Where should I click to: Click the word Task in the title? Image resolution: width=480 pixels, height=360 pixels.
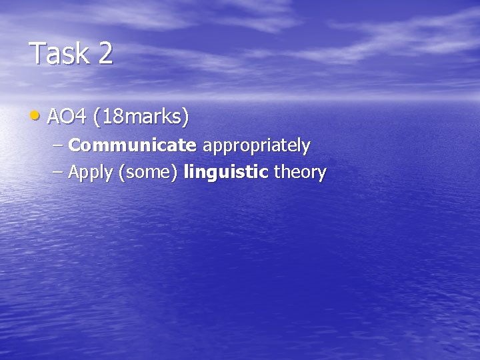pyautogui.click(x=60, y=53)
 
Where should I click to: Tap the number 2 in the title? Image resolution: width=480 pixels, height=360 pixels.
pyautogui.click(x=105, y=53)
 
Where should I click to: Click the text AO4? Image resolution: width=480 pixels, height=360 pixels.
pyautogui.click(x=67, y=117)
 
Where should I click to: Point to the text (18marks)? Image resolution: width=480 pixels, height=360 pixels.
pyautogui.click(x=141, y=118)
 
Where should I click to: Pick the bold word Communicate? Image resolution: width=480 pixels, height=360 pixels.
pyautogui.click(x=132, y=145)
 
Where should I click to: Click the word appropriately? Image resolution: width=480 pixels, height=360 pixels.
pyautogui.click(x=256, y=146)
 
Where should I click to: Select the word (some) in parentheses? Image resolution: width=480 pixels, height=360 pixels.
pyautogui.click(x=148, y=173)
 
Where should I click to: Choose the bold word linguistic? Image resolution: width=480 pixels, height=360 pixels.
pyautogui.click(x=225, y=173)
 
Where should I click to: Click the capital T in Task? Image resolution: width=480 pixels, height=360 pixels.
pyautogui.click(x=37, y=53)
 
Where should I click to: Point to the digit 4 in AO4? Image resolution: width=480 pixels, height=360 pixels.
pyautogui.click(x=81, y=117)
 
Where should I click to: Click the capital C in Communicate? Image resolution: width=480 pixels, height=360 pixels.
pyautogui.click(x=74, y=145)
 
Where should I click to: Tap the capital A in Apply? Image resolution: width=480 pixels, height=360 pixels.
pyautogui.click(x=74, y=173)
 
